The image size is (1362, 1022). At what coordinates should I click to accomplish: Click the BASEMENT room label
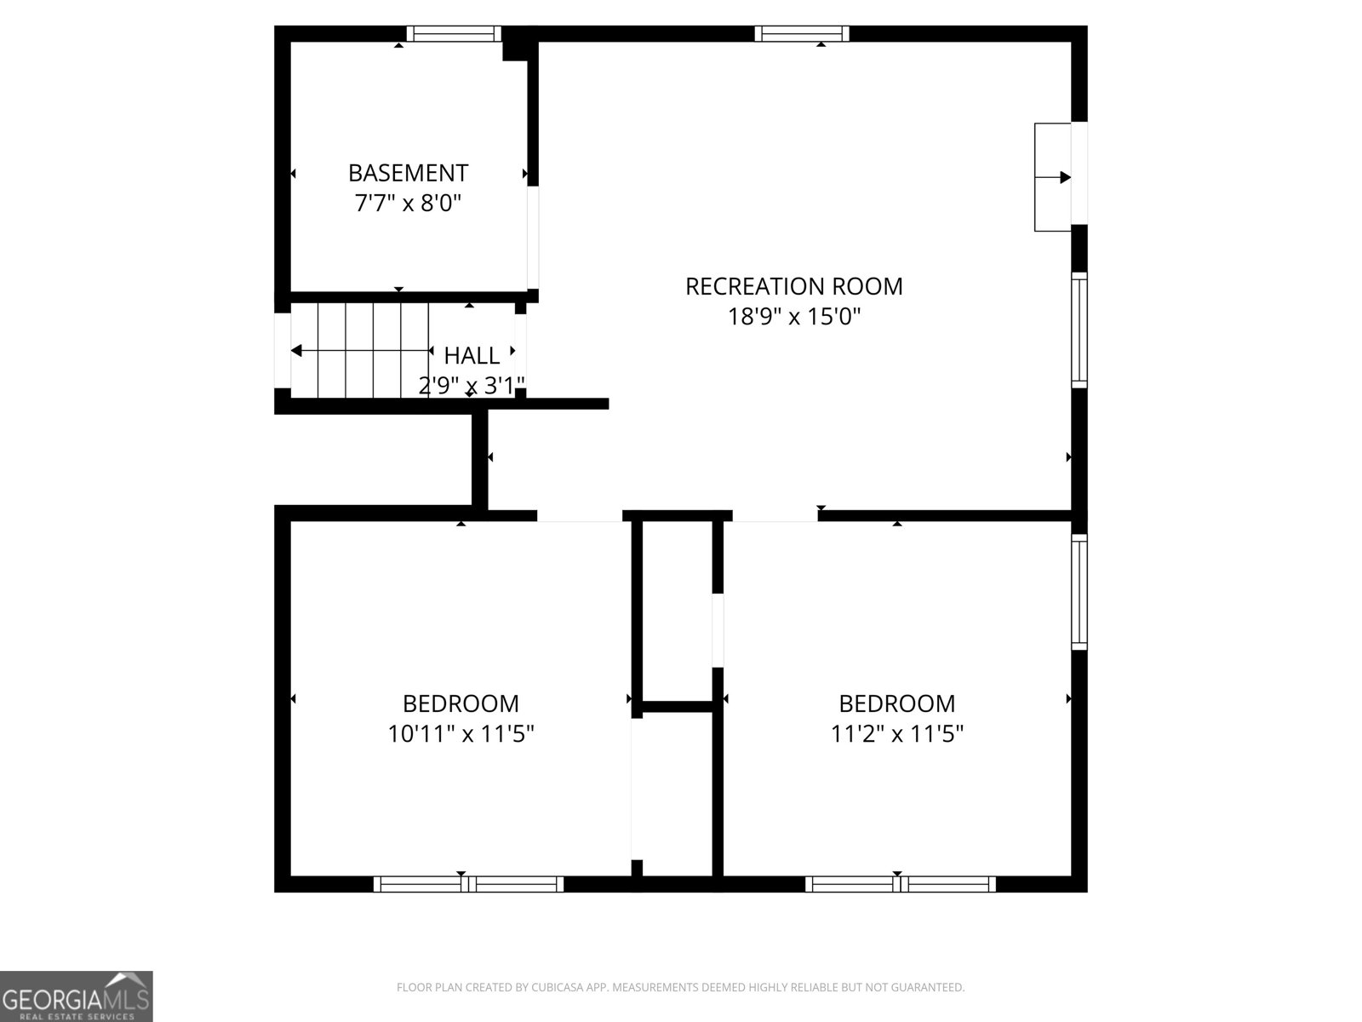point(408,173)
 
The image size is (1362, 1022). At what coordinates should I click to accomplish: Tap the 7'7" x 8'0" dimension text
point(408,203)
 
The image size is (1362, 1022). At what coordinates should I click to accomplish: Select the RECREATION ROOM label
point(793,286)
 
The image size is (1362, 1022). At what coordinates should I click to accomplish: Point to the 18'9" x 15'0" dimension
point(793,317)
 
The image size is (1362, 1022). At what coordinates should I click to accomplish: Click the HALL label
point(472,355)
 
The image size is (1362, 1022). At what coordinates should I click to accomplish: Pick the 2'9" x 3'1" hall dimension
point(472,386)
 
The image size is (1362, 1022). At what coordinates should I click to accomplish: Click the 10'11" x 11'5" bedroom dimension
point(461,734)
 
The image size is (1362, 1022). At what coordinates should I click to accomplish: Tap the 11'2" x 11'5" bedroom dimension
point(896,734)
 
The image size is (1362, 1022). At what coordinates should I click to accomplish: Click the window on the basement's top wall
point(454,33)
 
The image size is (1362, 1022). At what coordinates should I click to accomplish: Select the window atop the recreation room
point(802,33)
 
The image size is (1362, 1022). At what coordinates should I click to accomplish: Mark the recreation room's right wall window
point(1079,330)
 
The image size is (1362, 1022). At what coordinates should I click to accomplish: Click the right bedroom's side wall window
point(1079,592)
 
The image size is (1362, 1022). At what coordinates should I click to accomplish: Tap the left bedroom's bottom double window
point(468,884)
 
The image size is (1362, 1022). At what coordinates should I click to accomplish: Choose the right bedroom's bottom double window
point(901,884)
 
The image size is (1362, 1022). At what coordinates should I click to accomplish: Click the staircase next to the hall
point(360,350)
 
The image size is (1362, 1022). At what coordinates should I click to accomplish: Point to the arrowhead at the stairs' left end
point(296,351)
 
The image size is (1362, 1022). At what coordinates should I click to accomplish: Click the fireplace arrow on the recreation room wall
point(1053,177)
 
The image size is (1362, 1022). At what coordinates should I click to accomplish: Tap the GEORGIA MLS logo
point(77,996)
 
